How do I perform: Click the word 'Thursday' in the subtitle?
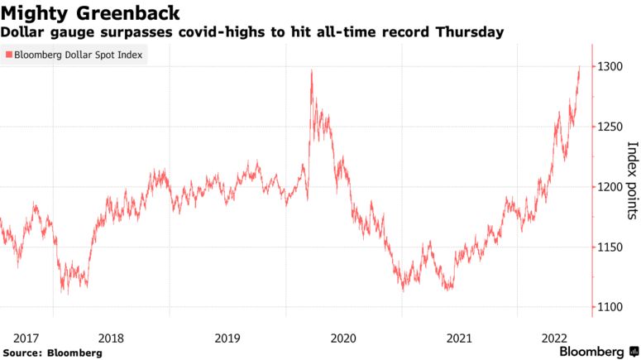[x=470, y=32]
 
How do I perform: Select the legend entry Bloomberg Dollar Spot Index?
[x=77, y=55]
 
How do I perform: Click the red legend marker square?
[x=8, y=55]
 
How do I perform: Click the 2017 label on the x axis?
[x=26, y=338]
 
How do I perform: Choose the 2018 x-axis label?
[x=111, y=338]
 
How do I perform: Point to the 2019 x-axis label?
[x=227, y=338]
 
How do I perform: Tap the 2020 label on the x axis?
[x=342, y=338]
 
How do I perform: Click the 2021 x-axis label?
[x=459, y=338]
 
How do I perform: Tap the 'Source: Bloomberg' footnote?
[x=51, y=353]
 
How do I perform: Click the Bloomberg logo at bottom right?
[x=591, y=351]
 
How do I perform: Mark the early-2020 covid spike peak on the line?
[x=311, y=71]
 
